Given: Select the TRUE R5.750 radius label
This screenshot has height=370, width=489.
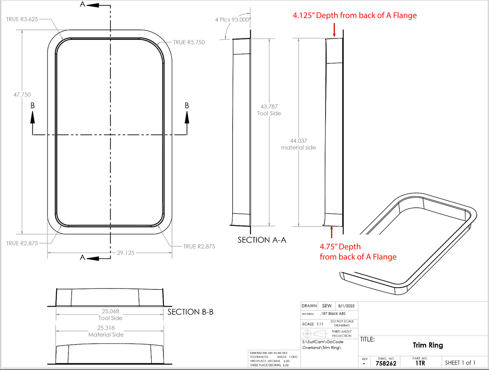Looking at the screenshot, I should (189, 42).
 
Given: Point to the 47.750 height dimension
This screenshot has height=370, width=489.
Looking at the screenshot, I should (22, 95).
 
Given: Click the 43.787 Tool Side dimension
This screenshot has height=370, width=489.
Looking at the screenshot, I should (269, 110).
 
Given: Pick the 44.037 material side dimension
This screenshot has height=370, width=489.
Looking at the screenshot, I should (298, 144).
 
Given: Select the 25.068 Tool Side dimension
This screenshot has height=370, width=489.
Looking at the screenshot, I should (110, 314).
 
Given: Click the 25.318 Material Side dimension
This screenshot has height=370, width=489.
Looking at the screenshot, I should (105, 331).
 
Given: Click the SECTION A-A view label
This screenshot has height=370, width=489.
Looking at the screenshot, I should (262, 240).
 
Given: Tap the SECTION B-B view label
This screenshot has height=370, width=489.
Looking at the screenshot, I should (190, 312).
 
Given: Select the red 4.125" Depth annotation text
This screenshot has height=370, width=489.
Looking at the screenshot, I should (354, 15).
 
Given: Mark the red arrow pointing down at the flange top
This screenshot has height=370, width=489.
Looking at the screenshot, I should (334, 30).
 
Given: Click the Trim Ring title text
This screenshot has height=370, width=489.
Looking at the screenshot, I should (427, 345).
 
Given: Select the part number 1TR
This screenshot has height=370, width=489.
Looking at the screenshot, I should (420, 363).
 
